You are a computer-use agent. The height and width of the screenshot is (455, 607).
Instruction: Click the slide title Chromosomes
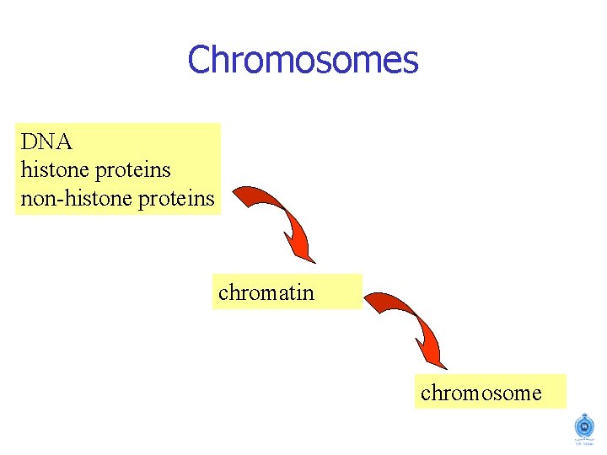click(303, 61)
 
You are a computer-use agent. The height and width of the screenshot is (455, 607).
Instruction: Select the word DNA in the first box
click(46, 142)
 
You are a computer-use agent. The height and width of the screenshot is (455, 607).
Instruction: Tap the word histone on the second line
click(55, 170)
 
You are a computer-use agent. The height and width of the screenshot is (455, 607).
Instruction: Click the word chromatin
click(266, 292)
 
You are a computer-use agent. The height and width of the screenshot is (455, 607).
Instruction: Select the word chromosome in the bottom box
click(481, 393)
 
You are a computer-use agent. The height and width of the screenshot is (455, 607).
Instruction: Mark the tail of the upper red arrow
click(239, 195)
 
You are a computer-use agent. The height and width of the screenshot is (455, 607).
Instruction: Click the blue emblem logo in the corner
click(583, 426)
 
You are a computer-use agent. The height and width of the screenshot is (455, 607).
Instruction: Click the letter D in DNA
click(29, 142)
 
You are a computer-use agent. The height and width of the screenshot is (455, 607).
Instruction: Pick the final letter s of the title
click(411, 62)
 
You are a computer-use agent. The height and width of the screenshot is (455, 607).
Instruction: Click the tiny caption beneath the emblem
click(583, 444)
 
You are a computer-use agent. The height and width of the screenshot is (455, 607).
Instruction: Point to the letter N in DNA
click(46, 142)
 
